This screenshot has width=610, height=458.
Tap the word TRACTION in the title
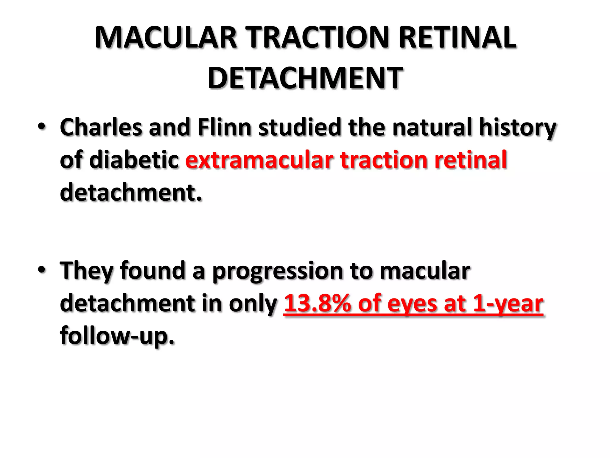tap(319, 38)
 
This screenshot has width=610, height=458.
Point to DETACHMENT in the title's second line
tap(305, 78)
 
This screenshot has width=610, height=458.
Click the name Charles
tap(101, 128)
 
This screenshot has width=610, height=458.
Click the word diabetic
tap(134, 160)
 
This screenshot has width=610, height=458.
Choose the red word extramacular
tap(259, 160)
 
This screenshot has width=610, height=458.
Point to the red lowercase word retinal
tap(471, 160)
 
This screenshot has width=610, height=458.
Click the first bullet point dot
tap(42, 127)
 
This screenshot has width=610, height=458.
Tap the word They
tap(87, 271)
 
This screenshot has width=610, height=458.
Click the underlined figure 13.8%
tap(318, 304)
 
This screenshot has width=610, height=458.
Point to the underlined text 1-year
tap(508, 304)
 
